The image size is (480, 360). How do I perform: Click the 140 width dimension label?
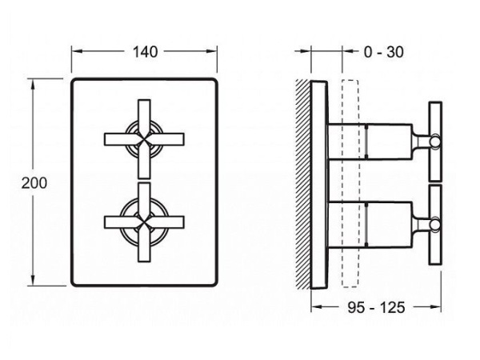145,52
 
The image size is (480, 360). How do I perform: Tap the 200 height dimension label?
34,183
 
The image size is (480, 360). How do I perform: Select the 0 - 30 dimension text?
383,52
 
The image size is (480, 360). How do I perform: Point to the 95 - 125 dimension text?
376,307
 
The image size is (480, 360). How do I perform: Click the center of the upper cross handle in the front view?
144,139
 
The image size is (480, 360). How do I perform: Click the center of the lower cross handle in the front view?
144,222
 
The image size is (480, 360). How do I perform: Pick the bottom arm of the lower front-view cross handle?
144,244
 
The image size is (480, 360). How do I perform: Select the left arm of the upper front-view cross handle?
122,139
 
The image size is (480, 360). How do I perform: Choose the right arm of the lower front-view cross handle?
167,222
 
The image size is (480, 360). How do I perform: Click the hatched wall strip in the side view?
303,184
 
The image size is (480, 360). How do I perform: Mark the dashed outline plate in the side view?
350,184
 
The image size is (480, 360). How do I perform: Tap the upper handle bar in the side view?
435,142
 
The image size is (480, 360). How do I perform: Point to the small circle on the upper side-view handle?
435,142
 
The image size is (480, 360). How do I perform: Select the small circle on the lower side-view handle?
435,224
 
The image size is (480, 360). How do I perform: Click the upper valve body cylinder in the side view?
370,142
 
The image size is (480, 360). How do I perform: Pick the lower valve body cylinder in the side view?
370,224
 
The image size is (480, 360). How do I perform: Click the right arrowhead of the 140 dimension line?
211,51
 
